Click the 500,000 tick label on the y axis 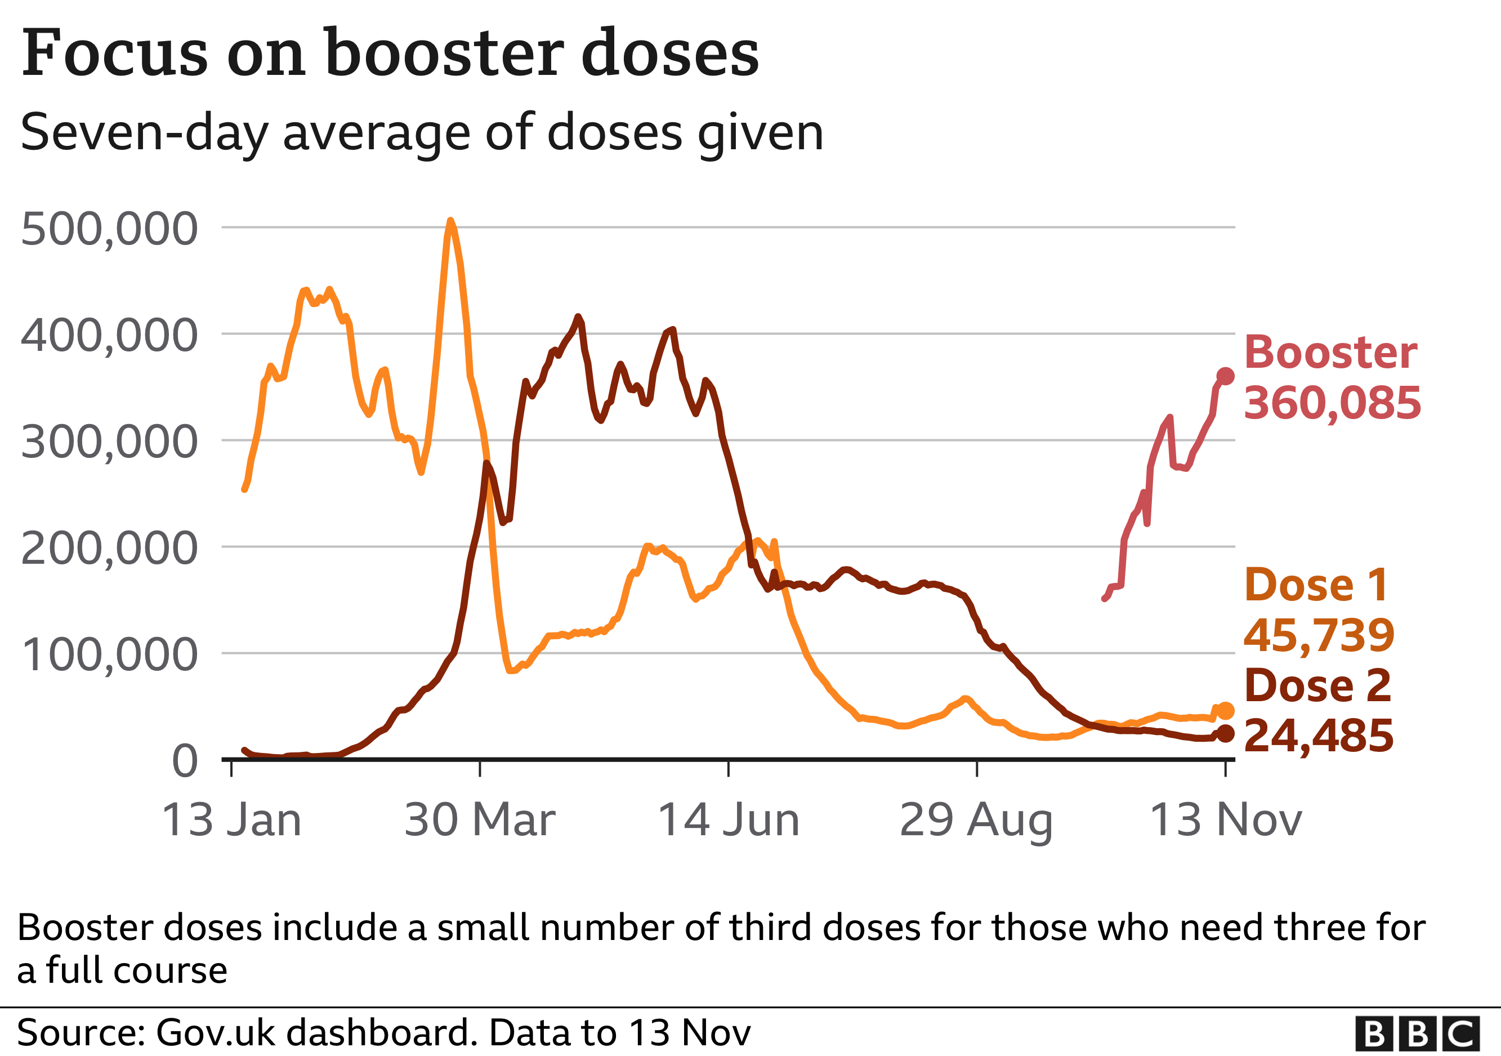[109, 230]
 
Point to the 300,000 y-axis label [109, 443]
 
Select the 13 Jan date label [231, 820]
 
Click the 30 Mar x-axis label [480, 820]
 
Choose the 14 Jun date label [729, 820]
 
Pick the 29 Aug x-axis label [976, 821]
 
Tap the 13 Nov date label [1225, 820]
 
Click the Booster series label [1330, 353]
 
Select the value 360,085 [1332, 403]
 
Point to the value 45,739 [1319, 635]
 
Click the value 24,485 [1319, 736]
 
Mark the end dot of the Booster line [1225, 376]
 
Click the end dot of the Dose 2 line [1225, 734]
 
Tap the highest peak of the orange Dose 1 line [450, 221]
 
